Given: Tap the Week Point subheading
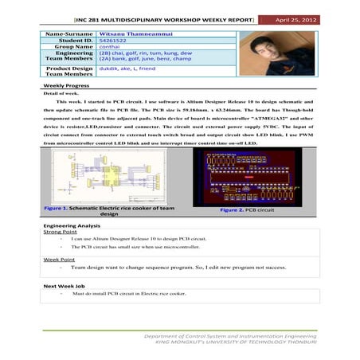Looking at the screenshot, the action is point(59,259).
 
